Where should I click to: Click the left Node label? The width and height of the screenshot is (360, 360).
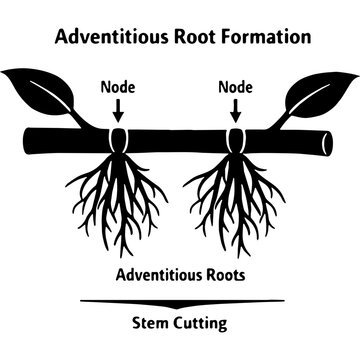click(x=119, y=87)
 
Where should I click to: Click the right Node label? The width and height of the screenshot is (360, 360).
click(x=235, y=87)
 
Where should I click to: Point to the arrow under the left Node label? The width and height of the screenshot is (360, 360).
click(x=119, y=110)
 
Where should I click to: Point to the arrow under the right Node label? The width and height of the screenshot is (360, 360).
click(x=235, y=110)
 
